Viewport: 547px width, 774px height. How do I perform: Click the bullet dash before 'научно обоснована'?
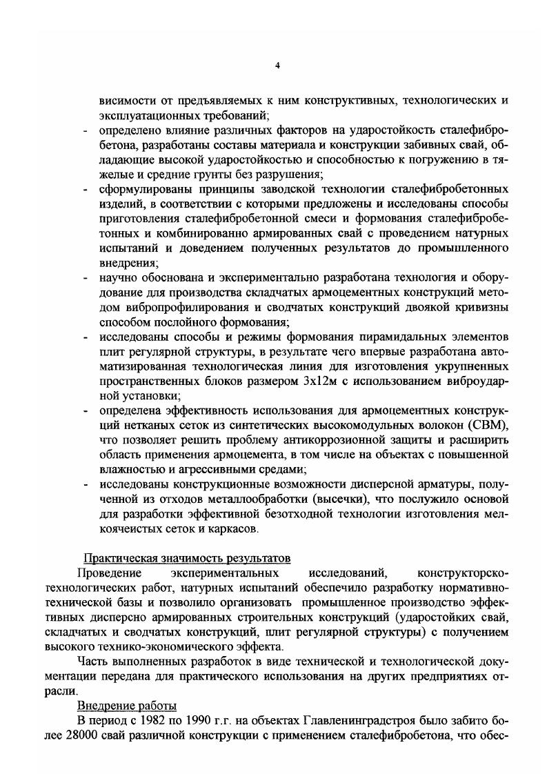tap(83, 277)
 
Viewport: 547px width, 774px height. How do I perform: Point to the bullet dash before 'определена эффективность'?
tap(83, 411)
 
